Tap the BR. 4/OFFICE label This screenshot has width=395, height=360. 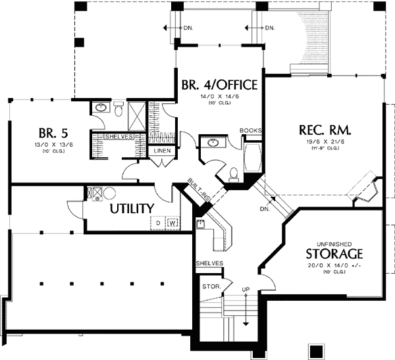pyautogui.click(x=219, y=86)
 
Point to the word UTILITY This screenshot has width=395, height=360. pyautogui.click(x=132, y=209)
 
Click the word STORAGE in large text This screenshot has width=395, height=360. pyautogui.click(x=334, y=254)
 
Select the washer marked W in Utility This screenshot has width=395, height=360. pyautogui.click(x=172, y=223)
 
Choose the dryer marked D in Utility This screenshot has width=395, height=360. pyautogui.click(x=159, y=223)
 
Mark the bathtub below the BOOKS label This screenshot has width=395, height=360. pyautogui.click(x=252, y=159)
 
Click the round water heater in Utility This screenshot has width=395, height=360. pyautogui.click(x=109, y=193)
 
